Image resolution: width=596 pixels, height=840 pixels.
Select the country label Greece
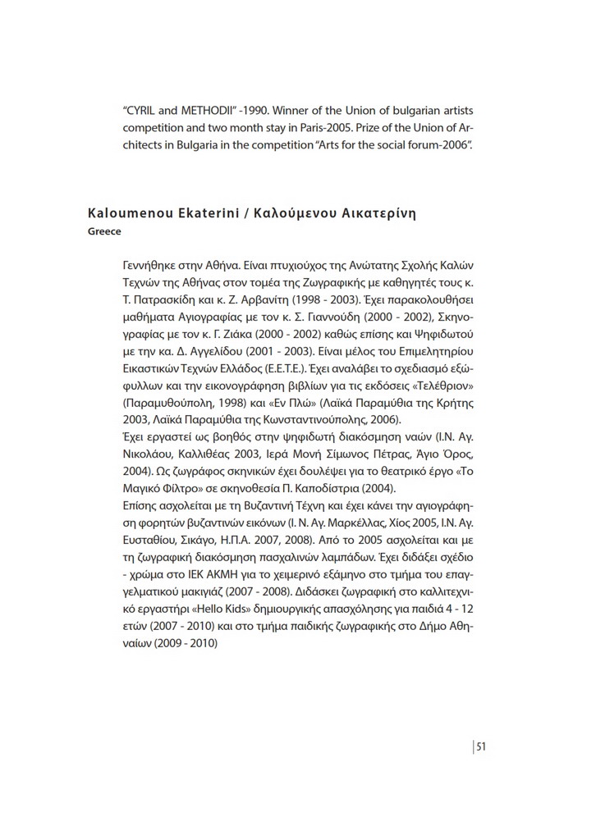104,231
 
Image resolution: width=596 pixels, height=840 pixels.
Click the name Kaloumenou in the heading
131,214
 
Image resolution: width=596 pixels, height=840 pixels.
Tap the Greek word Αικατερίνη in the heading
378,214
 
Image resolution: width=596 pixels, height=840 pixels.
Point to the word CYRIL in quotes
144,110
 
